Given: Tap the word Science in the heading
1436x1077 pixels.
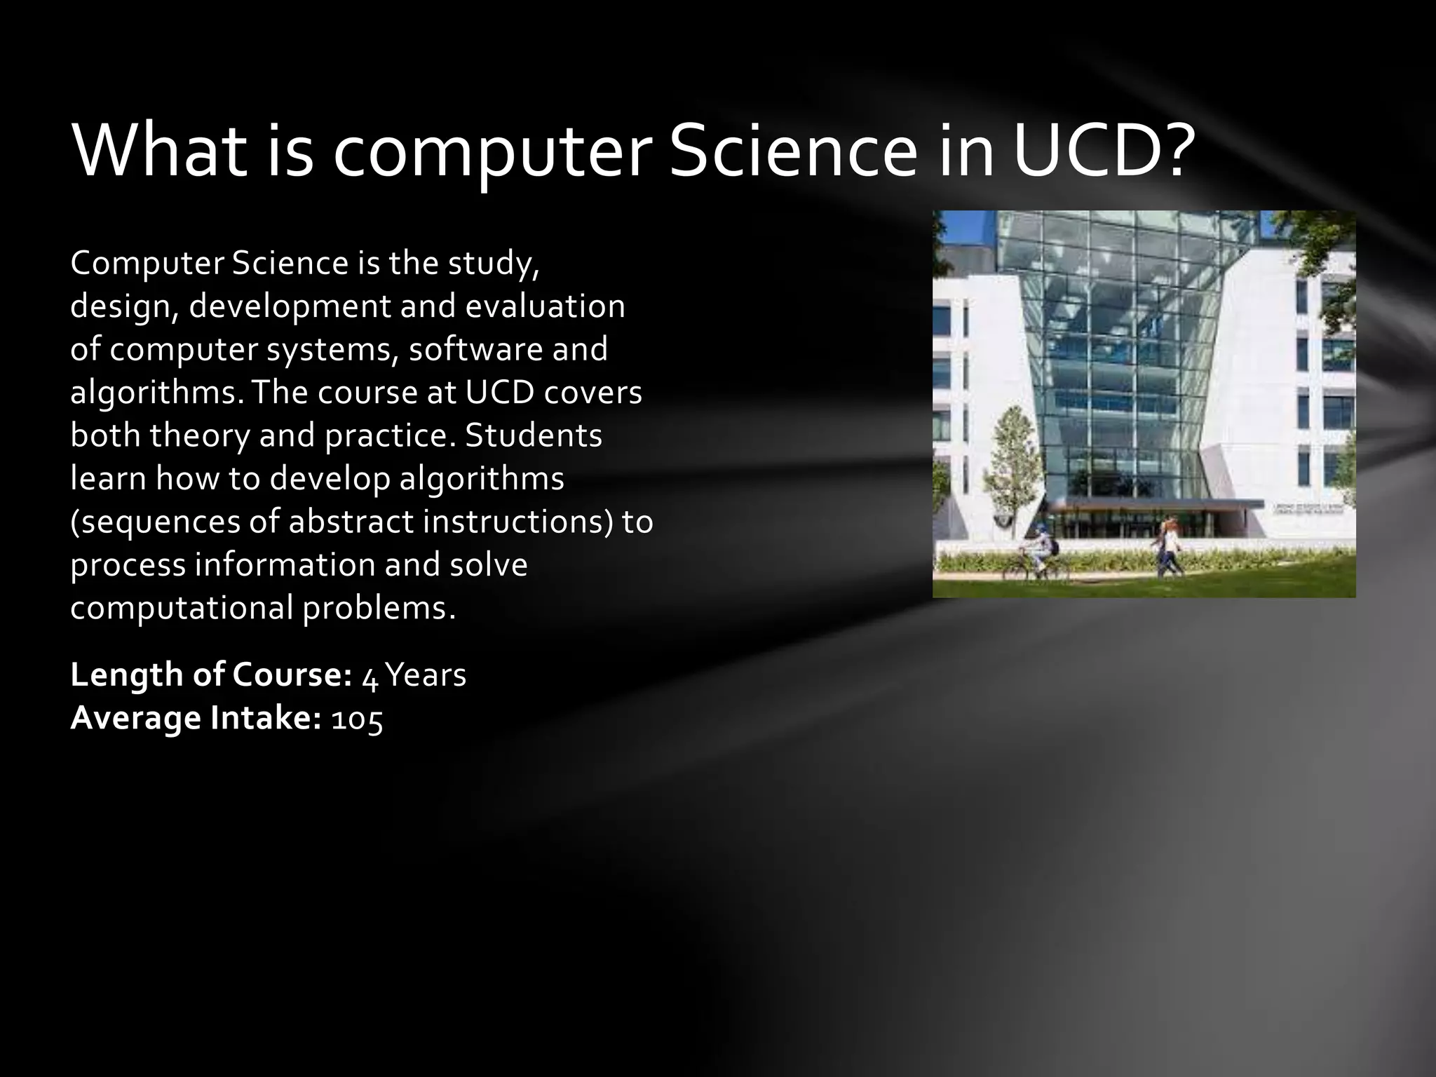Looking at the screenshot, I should pyautogui.click(x=793, y=152).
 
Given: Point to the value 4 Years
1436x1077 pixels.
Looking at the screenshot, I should pyautogui.click(x=414, y=676).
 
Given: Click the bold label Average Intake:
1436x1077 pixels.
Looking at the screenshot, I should pyautogui.click(x=196, y=719).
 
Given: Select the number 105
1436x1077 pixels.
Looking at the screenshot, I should pyautogui.click(x=357, y=719).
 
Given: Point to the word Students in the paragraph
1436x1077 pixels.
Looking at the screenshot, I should pyautogui.click(x=533, y=435).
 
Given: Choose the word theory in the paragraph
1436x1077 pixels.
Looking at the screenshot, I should pyautogui.click(x=199, y=435).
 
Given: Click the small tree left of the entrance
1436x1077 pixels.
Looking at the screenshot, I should pyautogui.click(x=1009, y=456).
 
